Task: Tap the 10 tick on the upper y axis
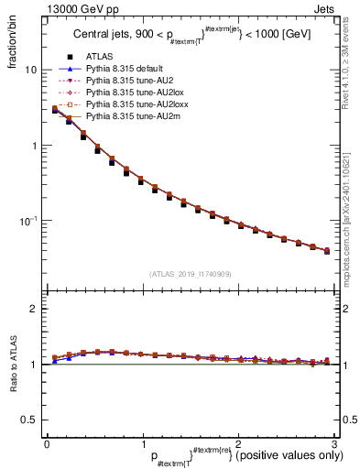30,70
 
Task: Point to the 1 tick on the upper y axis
34,146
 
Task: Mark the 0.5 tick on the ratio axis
28,420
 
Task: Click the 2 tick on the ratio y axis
34,309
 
